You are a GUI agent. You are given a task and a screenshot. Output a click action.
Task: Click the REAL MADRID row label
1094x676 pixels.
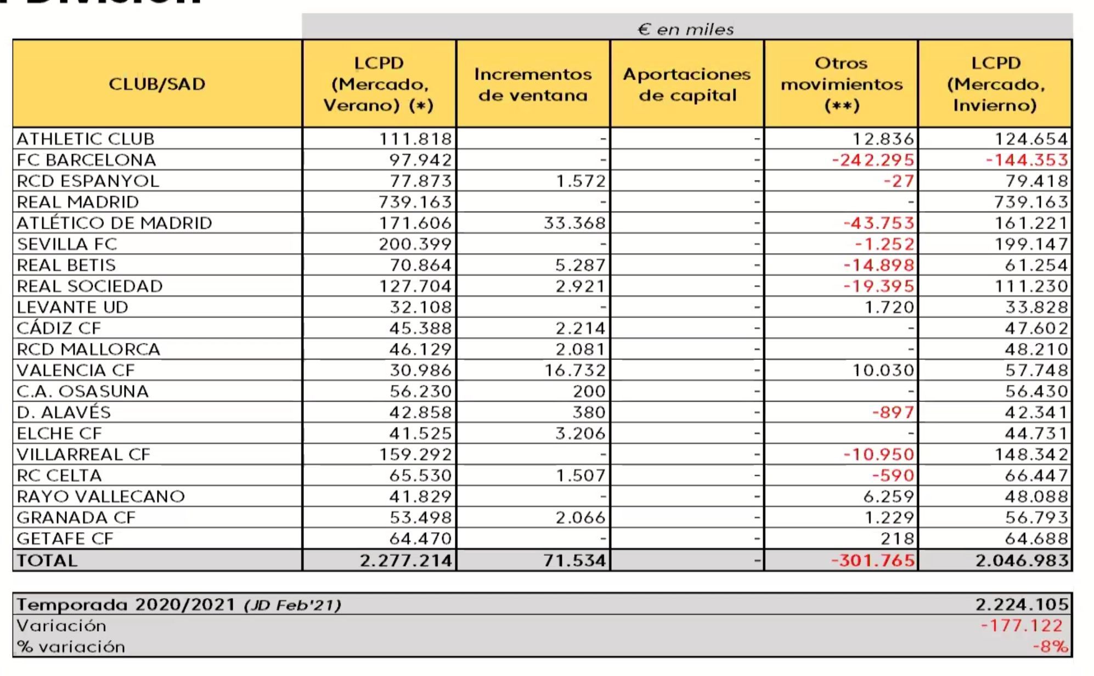(78, 202)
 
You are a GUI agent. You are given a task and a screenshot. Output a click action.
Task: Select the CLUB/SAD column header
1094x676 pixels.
(157, 84)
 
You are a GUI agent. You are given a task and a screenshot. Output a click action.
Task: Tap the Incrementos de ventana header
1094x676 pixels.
(533, 84)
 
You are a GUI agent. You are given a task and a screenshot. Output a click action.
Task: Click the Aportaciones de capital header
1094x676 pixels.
(687, 84)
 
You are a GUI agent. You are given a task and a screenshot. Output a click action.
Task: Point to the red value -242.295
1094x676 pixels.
(873, 160)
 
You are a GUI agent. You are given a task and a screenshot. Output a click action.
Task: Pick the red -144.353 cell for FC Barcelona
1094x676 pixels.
(1027, 160)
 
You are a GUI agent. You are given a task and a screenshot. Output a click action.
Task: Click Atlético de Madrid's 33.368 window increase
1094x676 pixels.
(574, 223)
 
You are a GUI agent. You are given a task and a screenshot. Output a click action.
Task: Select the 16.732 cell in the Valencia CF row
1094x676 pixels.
(574, 370)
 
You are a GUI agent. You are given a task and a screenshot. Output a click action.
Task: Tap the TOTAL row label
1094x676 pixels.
(47, 560)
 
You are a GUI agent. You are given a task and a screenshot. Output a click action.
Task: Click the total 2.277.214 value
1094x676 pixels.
(406, 560)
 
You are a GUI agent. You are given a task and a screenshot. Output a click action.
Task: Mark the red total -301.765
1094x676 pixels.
(873, 560)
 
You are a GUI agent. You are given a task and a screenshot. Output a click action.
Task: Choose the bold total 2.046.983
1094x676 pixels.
(1022, 560)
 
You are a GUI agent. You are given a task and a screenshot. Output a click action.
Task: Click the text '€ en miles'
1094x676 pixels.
(686, 29)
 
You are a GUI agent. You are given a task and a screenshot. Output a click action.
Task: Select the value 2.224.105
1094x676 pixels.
(1022, 605)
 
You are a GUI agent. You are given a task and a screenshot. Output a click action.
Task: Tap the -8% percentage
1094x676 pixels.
(1050, 646)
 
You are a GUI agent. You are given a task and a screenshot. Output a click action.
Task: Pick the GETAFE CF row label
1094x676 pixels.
(65, 538)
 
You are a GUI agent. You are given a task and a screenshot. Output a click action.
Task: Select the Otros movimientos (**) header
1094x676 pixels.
(841, 84)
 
